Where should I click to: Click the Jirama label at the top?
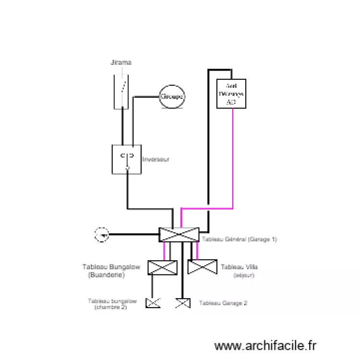(x=120, y=62)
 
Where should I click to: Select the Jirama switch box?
(x=121, y=91)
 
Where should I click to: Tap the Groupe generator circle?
(x=172, y=96)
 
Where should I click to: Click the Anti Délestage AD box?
(x=231, y=94)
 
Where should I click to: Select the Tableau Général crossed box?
(x=178, y=234)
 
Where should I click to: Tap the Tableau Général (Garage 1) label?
(x=239, y=239)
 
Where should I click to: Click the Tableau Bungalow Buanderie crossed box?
(x=162, y=267)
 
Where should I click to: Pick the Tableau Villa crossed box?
(x=203, y=267)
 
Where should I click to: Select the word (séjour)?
(x=244, y=276)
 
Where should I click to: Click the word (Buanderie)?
(x=107, y=275)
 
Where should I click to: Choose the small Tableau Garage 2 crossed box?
(x=182, y=303)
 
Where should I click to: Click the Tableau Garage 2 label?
(x=223, y=303)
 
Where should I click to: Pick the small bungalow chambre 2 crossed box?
(x=153, y=303)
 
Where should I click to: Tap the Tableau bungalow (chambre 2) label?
(x=112, y=304)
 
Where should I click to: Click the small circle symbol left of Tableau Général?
(x=102, y=235)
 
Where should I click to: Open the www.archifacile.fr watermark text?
(x=265, y=345)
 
